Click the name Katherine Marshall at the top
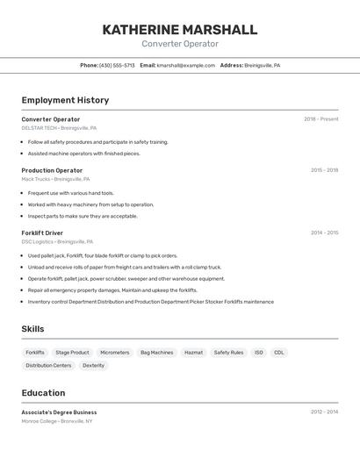pos(180,30)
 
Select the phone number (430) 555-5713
pos(118,66)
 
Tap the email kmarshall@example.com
pos(186,66)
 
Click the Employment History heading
pos(65,100)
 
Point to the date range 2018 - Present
pos(320,119)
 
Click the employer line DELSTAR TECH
pos(40,128)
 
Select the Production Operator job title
pos(52,170)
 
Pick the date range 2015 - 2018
pos(324,170)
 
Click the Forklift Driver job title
pos(42,232)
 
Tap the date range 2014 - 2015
pos(324,232)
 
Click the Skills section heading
pos(33,329)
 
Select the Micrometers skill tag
pos(114,353)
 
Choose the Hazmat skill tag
pos(193,353)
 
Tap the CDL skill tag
pos(279,353)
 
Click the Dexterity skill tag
pos(93,366)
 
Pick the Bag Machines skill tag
pos(156,353)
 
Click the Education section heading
pos(43,393)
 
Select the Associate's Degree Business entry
pos(59,412)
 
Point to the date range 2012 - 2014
pos(324,411)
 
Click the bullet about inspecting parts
pos(83,216)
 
